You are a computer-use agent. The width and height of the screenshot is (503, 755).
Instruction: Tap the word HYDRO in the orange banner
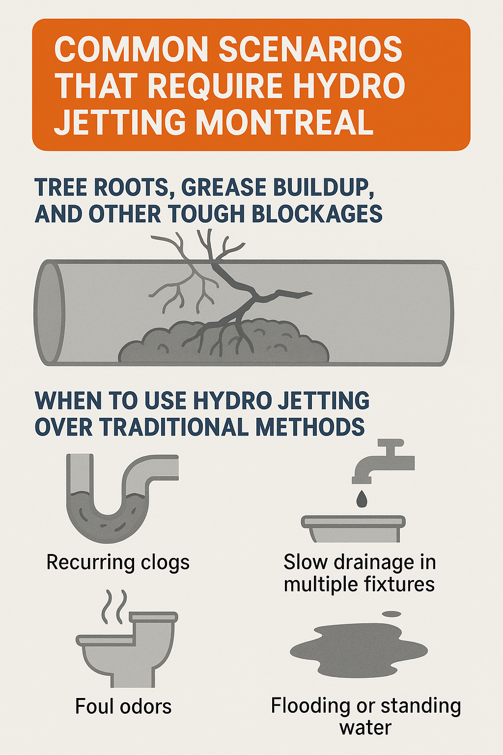point(351,86)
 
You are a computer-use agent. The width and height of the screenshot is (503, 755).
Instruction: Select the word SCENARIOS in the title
point(310,50)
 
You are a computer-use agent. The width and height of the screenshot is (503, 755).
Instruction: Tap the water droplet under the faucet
point(362,499)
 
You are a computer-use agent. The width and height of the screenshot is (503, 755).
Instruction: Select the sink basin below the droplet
point(353,528)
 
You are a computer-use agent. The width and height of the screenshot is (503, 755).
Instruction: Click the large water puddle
point(359,651)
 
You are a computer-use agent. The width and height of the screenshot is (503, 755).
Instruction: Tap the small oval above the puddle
point(391,614)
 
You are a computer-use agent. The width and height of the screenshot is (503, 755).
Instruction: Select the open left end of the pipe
point(49,313)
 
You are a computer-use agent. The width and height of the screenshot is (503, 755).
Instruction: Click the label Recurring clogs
point(118,562)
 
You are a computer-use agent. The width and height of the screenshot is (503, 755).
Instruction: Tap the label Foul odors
point(123,707)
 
